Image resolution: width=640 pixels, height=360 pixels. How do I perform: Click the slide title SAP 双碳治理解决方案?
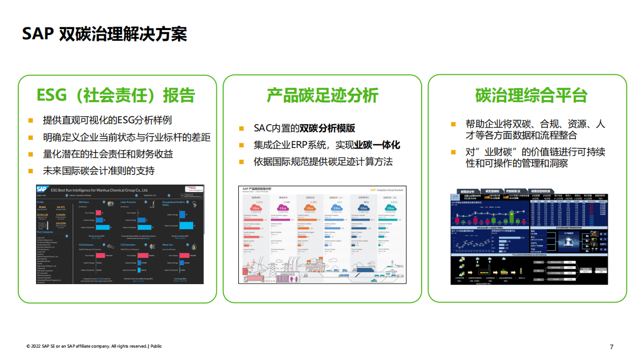click(104, 33)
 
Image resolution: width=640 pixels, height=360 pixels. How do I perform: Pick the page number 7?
click(611, 347)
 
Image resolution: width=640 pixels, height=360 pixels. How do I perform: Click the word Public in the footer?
click(156, 346)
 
